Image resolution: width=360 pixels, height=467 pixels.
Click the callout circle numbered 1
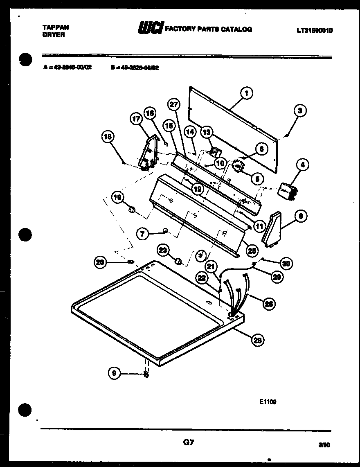(x=246, y=93)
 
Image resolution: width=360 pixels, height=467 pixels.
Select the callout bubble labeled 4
(x=302, y=165)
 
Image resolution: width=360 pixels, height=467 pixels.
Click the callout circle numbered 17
(x=136, y=119)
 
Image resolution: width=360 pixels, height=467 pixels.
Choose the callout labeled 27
(x=174, y=105)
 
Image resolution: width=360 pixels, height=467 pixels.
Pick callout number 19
(x=118, y=198)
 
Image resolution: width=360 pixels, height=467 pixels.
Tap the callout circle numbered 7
(x=142, y=234)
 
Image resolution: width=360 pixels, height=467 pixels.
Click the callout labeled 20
(x=101, y=262)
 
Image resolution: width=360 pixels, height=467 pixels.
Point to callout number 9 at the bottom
(x=115, y=372)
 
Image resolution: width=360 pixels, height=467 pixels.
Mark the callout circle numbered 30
(x=286, y=264)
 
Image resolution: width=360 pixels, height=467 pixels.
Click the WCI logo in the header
(x=151, y=29)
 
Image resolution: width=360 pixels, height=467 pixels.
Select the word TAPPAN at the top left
(x=56, y=27)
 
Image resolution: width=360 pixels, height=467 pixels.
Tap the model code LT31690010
(x=315, y=30)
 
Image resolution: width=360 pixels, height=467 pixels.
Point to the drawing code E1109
(x=268, y=402)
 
